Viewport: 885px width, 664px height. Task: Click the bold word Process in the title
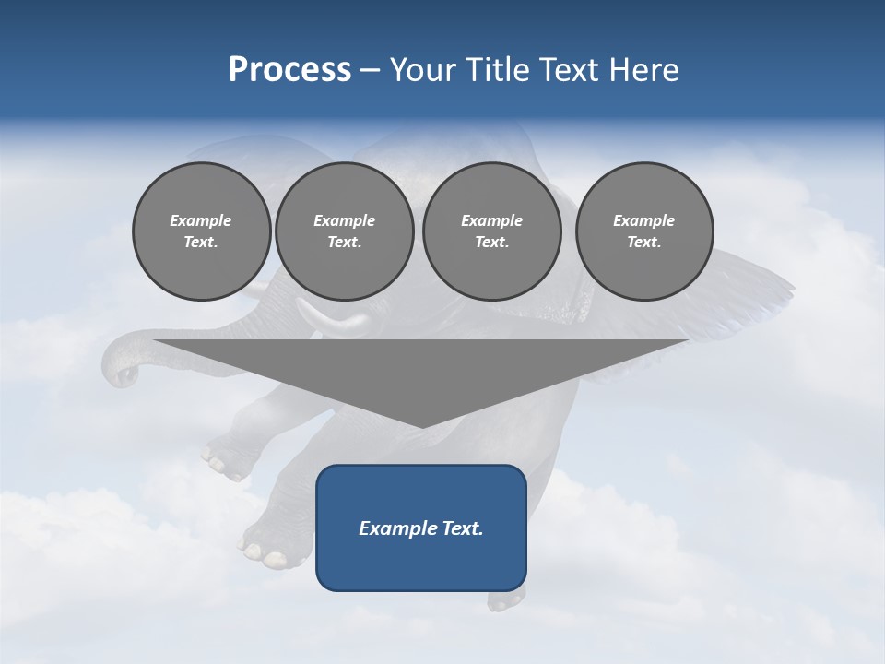click(x=289, y=70)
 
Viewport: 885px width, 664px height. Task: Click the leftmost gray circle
click(x=201, y=231)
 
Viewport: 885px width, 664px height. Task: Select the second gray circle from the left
click(x=344, y=231)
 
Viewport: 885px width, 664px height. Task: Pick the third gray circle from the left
click(x=491, y=231)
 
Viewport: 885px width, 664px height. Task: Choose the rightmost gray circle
click(x=643, y=231)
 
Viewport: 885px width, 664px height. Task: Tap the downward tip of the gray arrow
click(x=421, y=425)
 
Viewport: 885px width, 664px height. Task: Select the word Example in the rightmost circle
click(x=643, y=220)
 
